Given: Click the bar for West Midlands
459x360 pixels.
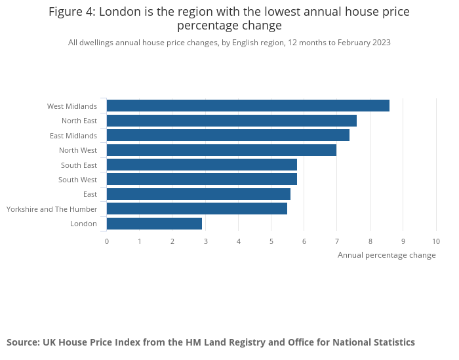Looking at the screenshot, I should click(248, 106).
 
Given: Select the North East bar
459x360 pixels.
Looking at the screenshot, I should click(231, 121).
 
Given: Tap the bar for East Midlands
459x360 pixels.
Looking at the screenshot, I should click(228, 135).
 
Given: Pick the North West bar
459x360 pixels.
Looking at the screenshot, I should click(222, 150).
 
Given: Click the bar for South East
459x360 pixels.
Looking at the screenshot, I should click(202, 165).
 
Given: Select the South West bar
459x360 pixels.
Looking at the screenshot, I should click(202, 179).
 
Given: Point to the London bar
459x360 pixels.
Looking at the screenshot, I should click(154, 224).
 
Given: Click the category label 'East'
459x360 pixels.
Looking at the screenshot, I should click(90, 194).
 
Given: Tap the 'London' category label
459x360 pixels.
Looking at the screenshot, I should click(83, 224).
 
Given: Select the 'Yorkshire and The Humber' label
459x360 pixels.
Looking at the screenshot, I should click(52, 209).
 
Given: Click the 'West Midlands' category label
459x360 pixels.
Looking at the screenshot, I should click(72, 106).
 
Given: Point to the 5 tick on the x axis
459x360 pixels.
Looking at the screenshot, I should click(271, 241).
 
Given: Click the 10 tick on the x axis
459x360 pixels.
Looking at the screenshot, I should click(436, 241).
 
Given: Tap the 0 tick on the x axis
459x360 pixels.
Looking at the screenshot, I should click(107, 241).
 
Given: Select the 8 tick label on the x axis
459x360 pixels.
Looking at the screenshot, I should click(370, 241).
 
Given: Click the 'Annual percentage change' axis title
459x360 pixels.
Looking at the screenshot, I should click(386, 255).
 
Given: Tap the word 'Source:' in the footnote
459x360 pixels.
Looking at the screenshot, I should click(23, 342).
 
